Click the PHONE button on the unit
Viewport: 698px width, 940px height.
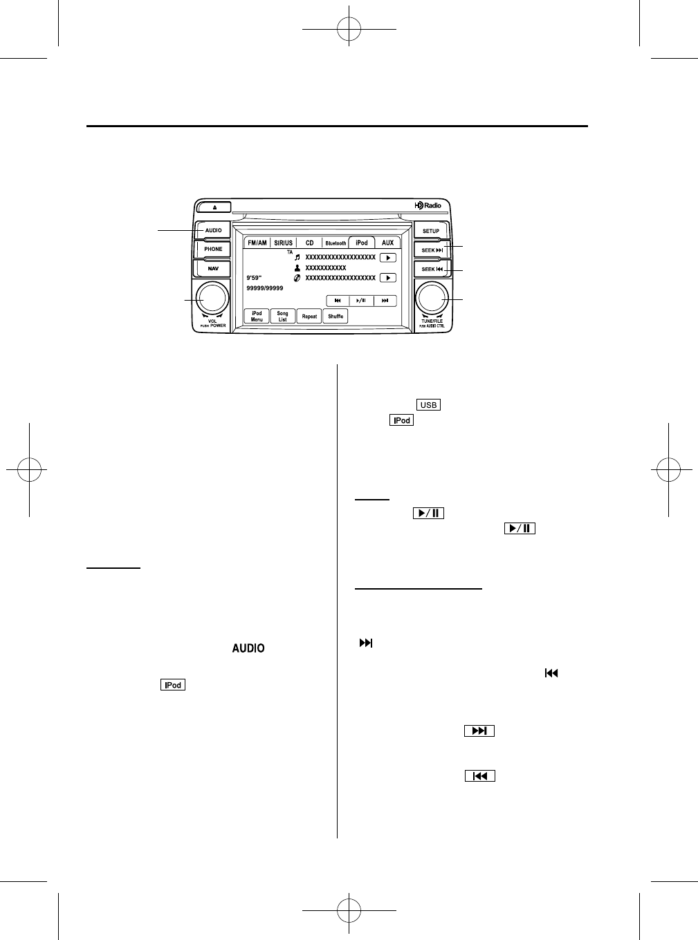click(x=213, y=250)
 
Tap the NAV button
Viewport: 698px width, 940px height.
click(x=213, y=269)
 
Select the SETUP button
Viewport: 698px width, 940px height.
click(x=431, y=230)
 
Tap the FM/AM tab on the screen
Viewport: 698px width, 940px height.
click(x=257, y=243)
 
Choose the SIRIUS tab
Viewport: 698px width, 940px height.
click(x=283, y=243)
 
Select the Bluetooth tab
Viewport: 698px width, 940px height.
click(x=336, y=243)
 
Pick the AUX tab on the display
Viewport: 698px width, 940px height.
click(x=387, y=243)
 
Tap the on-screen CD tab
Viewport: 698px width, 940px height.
click(x=309, y=243)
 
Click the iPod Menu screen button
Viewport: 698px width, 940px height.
click(x=257, y=317)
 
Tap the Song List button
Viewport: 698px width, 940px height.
click(x=282, y=317)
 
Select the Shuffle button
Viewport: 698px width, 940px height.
click(x=336, y=317)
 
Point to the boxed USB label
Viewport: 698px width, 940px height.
click(x=428, y=405)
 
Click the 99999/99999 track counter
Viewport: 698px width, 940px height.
click(x=265, y=288)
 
